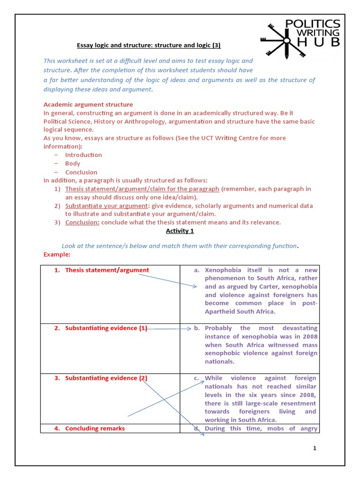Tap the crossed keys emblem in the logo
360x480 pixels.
pyautogui.click(x=283, y=40)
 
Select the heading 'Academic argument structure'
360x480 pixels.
pyautogui.click(x=88, y=105)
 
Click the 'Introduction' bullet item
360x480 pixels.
pyautogui.click(x=83, y=155)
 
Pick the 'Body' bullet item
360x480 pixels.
pyautogui.click(x=73, y=164)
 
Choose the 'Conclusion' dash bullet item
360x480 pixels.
pyautogui.click(x=81, y=172)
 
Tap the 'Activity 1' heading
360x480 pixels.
pyautogui.click(x=180, y=231)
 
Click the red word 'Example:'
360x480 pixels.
pyautogui.click(x=57, y=255)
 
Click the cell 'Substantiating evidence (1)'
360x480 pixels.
pyautogui.click(x=106, y=328)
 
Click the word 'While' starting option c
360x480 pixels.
pyautogui.click(x=214, y=378)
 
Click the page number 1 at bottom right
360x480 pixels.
pyautogui.click(x=315, y=449)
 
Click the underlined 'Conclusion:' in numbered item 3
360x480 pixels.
pyautogui.click(x=82, y=222)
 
